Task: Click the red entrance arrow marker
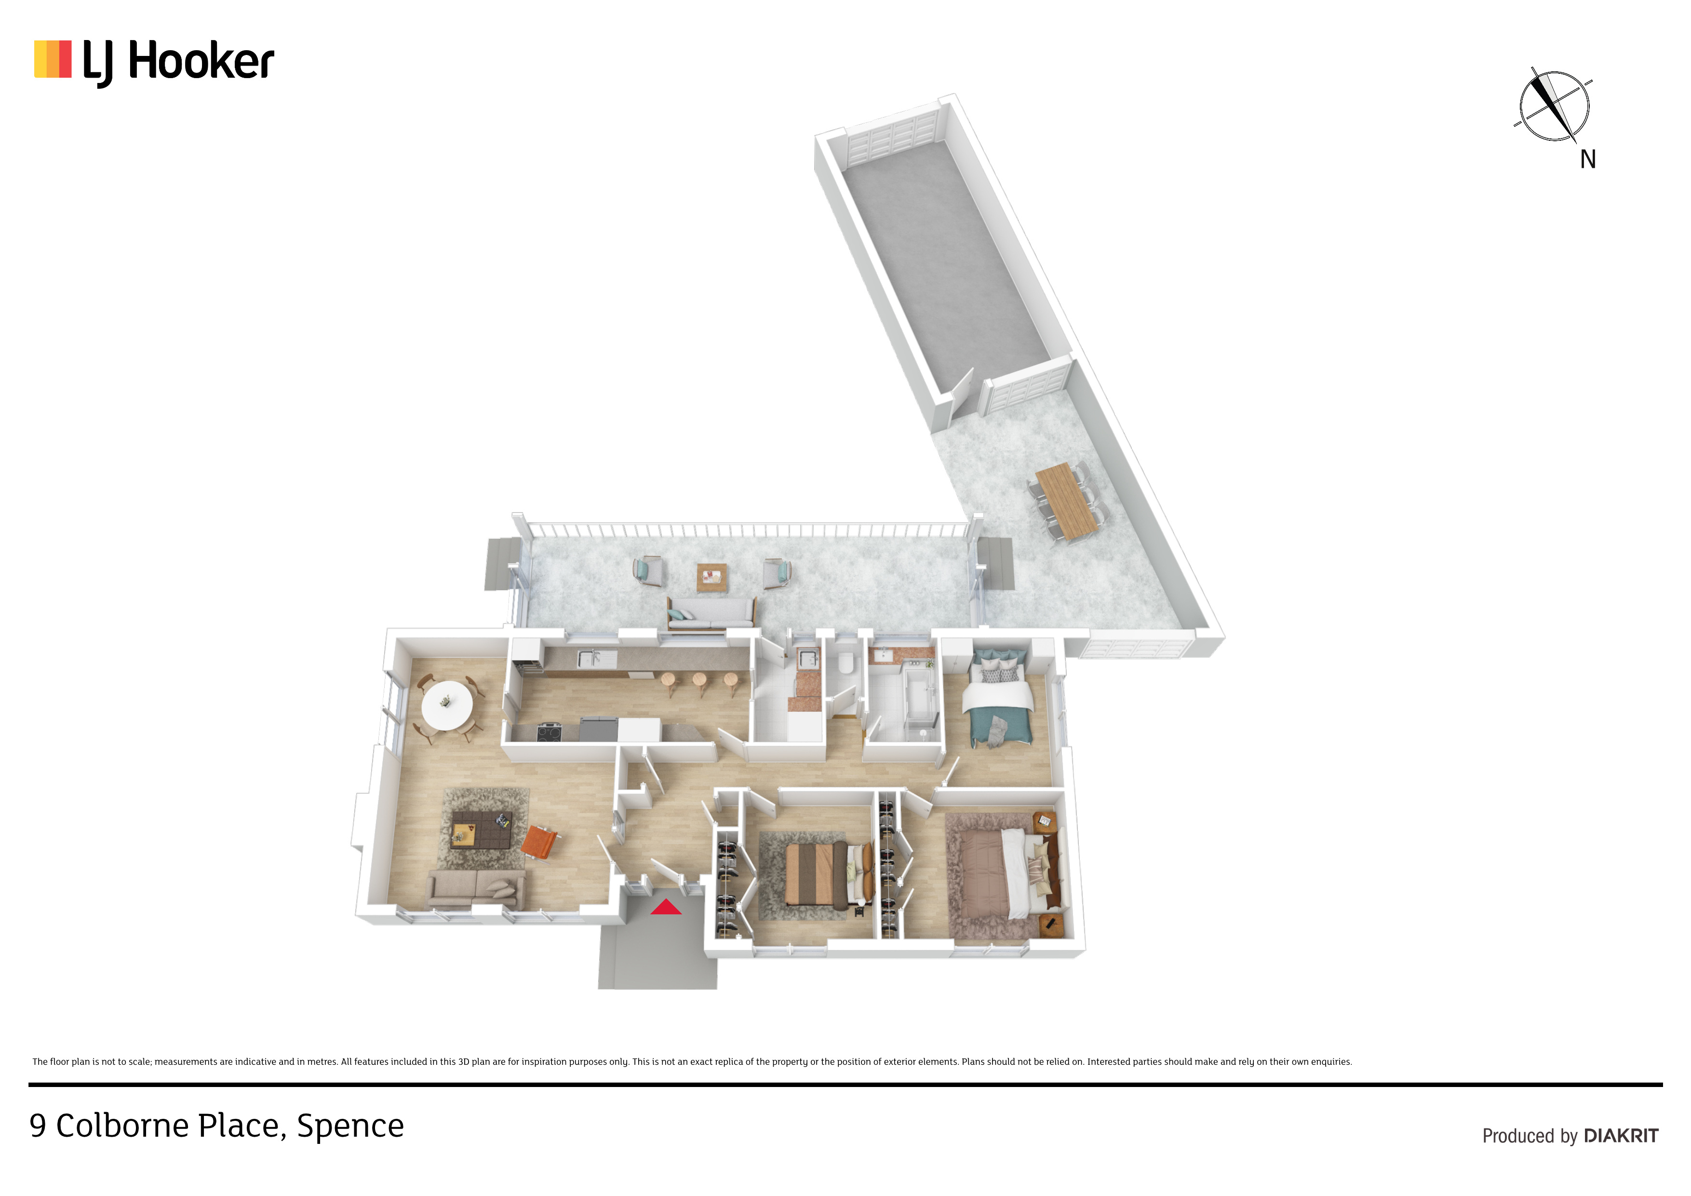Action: [x=665, y=907]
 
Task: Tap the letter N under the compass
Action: [x=1587, y=159]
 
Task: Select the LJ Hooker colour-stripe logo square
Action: [x=53, y=59]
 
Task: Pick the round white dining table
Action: [x=446, y=705]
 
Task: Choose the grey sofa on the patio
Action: [x=711, y=614]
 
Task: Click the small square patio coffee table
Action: [x=711, y=577]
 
